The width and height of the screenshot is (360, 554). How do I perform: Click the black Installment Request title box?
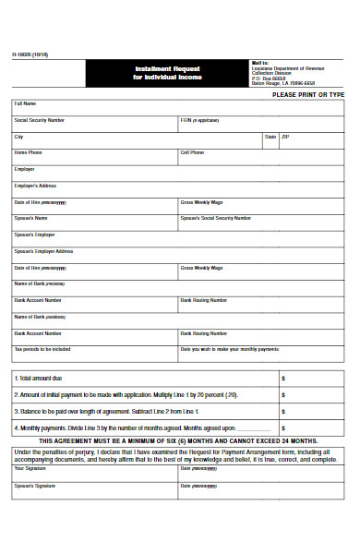(x=167, y=73)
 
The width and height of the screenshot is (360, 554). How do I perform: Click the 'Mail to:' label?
(x=260, y=63)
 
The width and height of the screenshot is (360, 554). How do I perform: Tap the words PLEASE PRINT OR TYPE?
(x=308, y=95)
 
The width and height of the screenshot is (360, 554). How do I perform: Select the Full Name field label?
(x=25, y=103)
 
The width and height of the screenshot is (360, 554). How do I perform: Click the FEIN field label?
(x=199, y=120)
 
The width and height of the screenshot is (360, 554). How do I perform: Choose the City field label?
(x=18, y=137)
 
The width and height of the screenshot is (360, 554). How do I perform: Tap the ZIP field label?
(x=285, y=137)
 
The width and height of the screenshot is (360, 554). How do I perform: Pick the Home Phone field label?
(x=28, y=152)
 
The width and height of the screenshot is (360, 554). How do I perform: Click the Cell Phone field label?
(x=192, y=152)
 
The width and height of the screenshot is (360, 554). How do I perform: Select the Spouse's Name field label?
(x=30, y=218)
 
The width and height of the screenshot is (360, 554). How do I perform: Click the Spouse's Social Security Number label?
(x=215, y=218)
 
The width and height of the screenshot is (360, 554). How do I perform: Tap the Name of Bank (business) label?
(x=40, y=317)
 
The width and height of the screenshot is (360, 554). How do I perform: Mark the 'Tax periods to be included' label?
(x=42, y=350)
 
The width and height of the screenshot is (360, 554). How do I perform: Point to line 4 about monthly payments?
(x=138, y=428)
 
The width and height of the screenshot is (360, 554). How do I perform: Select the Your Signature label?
(x=30, y=468)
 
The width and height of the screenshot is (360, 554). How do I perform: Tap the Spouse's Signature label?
(x=34, y=485)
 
